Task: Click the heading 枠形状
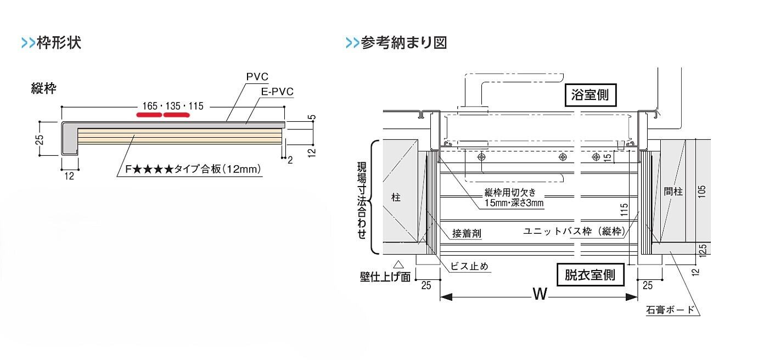pos(59,43)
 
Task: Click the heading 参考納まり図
pos(403,43)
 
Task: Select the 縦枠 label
pos(44,89)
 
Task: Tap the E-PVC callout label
pos(277,92)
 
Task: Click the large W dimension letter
pos(540,295)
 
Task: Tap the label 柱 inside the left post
pos(396,198)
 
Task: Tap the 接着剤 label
pos(467,233)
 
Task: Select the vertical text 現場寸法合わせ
pos(362,198)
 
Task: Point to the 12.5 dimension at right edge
pos(703,250)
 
